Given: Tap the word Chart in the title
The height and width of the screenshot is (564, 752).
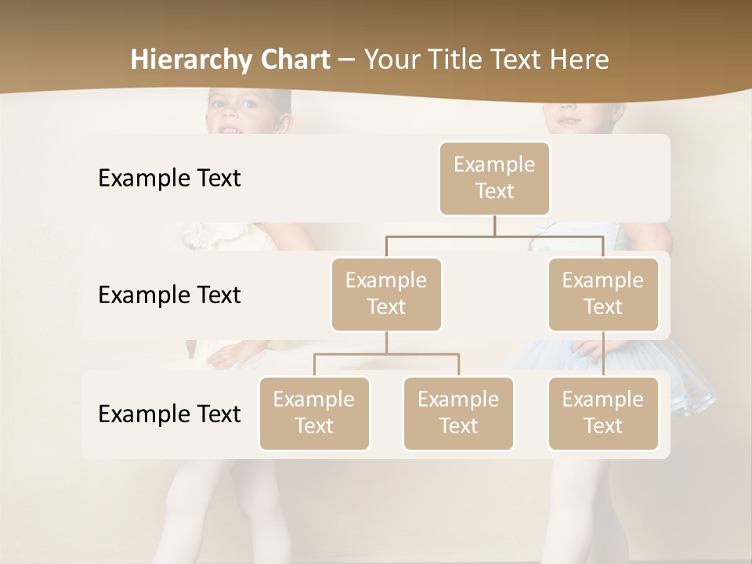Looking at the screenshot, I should tap(294, 60).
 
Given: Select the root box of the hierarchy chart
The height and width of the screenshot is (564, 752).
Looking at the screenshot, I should tap(494, 178).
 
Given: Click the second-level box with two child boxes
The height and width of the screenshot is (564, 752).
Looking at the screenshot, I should tap(386, 294).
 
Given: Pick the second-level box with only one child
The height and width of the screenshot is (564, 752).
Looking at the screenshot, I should tap(603, 294).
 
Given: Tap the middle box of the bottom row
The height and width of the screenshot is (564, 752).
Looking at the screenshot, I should tap(458, 413).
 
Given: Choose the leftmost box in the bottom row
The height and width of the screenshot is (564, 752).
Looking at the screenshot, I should tap(314, 413).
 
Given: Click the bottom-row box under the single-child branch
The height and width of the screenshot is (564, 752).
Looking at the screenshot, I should tap(603, 413).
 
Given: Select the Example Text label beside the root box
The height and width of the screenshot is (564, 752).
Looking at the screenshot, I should tap(169, 179).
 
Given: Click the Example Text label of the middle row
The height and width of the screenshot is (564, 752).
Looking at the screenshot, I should tap(169, 295).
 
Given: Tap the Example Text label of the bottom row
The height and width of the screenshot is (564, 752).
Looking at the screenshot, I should tap(169, 414).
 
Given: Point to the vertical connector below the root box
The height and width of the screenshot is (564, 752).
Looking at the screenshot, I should tap(494, 226).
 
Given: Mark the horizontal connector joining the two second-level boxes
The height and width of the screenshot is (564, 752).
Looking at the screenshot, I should tap(494, 236).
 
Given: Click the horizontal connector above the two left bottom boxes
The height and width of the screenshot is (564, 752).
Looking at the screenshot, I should tap(386, 354).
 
